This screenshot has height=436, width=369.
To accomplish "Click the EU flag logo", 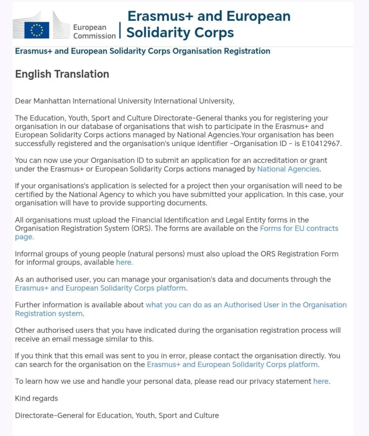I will (37, 30).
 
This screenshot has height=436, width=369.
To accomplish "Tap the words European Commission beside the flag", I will (94, 32).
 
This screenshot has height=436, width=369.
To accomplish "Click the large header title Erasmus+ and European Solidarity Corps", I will (209, 24).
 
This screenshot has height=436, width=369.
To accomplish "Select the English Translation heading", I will (62, 74).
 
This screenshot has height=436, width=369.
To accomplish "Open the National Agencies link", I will (288, 169).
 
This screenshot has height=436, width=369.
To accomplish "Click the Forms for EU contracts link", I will (299, 228).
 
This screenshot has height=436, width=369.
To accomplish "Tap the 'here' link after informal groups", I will (124, 262).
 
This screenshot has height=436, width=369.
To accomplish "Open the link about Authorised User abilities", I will (246, 305).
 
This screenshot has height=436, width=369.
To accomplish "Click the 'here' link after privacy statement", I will (321, 381).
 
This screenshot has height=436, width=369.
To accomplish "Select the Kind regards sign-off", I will (37, 399).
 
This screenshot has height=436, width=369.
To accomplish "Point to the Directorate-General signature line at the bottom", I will (117, 415).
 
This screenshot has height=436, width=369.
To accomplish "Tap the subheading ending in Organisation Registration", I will (142, 51).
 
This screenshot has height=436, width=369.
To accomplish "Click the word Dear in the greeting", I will (23, 101).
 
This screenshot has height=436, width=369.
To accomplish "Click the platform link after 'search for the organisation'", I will (232, 364).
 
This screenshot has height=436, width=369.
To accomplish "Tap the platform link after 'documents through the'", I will (101, 288).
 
